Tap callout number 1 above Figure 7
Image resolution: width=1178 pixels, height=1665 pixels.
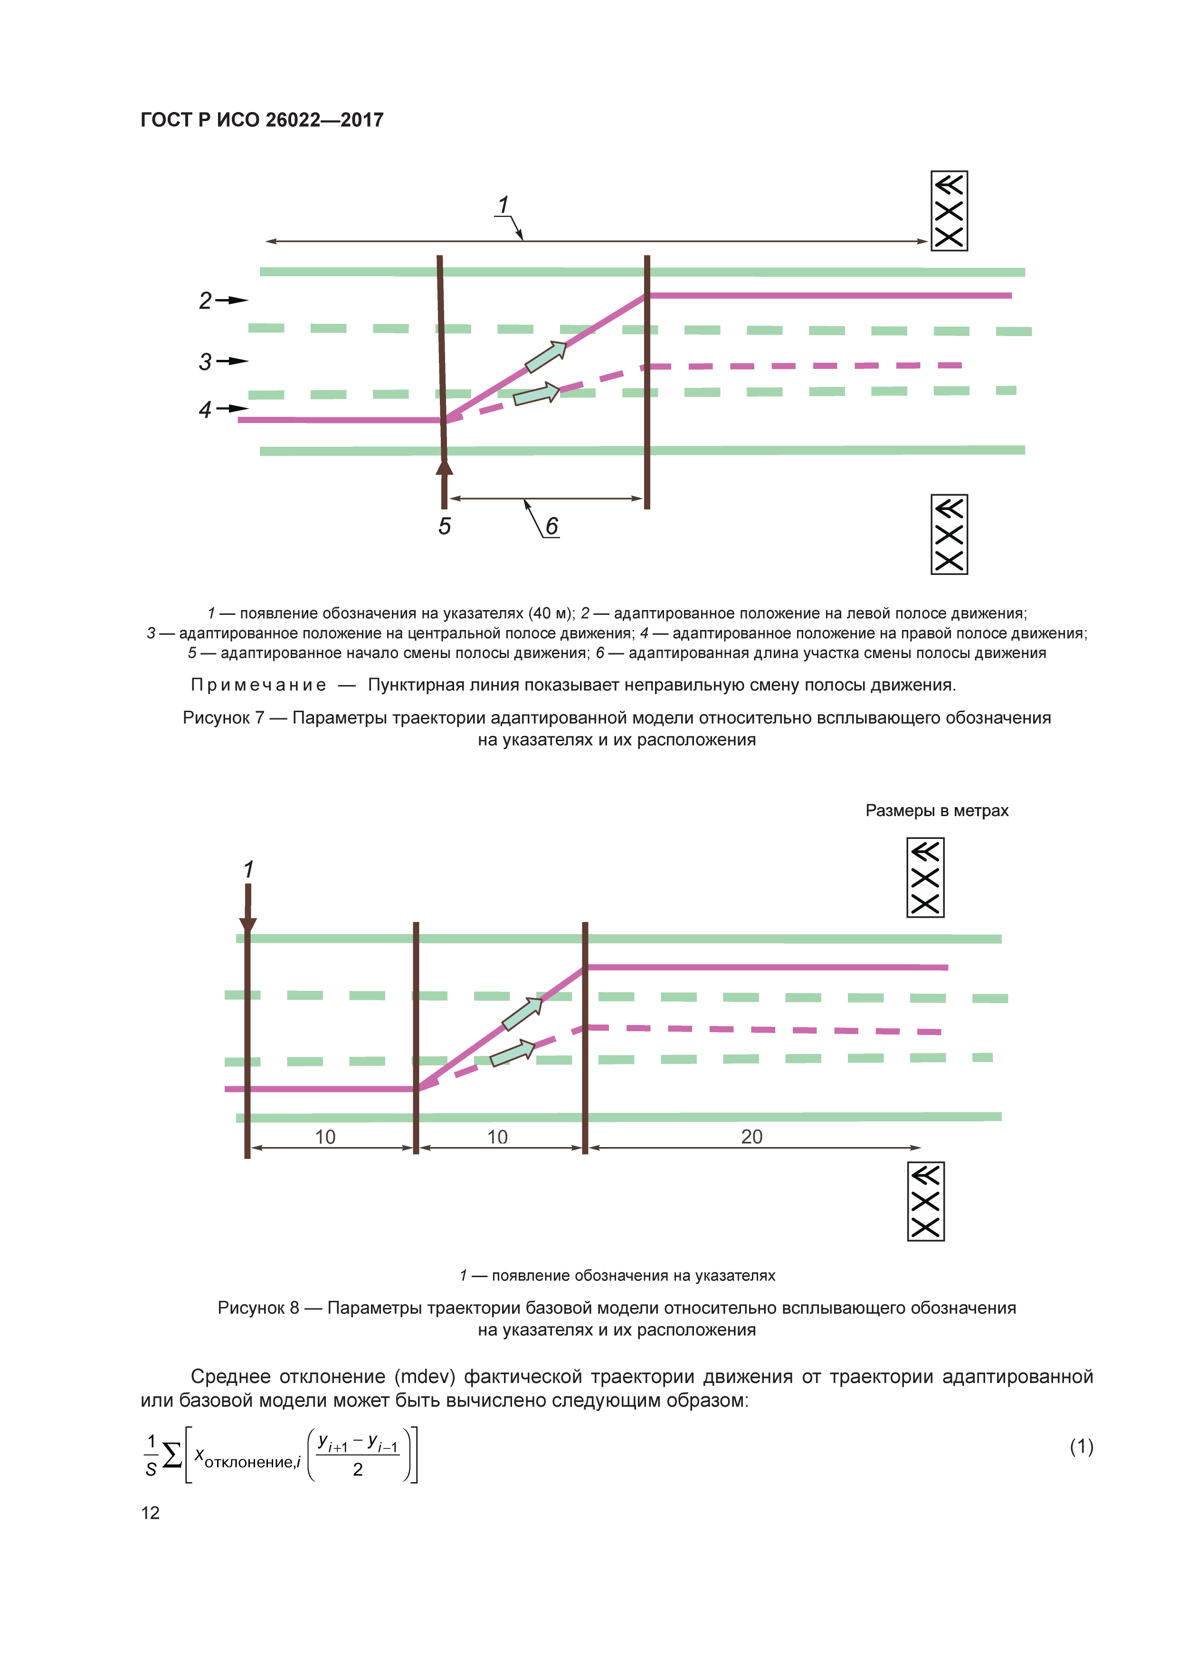tap(503, 205)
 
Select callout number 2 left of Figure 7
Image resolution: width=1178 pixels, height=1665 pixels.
tap(205, 300)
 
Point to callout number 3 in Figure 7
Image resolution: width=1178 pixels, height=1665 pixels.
tap(205, 361)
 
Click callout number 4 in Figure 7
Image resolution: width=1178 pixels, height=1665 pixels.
tap(205, 410)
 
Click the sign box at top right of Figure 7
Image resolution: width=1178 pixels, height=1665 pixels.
tap(949, 211)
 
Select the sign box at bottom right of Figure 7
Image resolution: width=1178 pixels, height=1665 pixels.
tap(949, 535)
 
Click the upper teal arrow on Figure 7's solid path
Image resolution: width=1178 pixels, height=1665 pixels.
tap(545, 357)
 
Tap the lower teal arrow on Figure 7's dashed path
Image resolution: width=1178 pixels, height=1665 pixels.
tap(537, 394)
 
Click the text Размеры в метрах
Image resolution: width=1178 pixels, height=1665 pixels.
tap(936, 811)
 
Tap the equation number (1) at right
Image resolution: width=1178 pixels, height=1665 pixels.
tap(1081, 1446)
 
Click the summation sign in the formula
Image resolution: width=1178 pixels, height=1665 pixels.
tap(172, 1455)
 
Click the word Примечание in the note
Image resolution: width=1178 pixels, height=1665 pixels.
tap(258, 685)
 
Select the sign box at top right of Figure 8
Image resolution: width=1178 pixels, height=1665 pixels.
tap(925, 877)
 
